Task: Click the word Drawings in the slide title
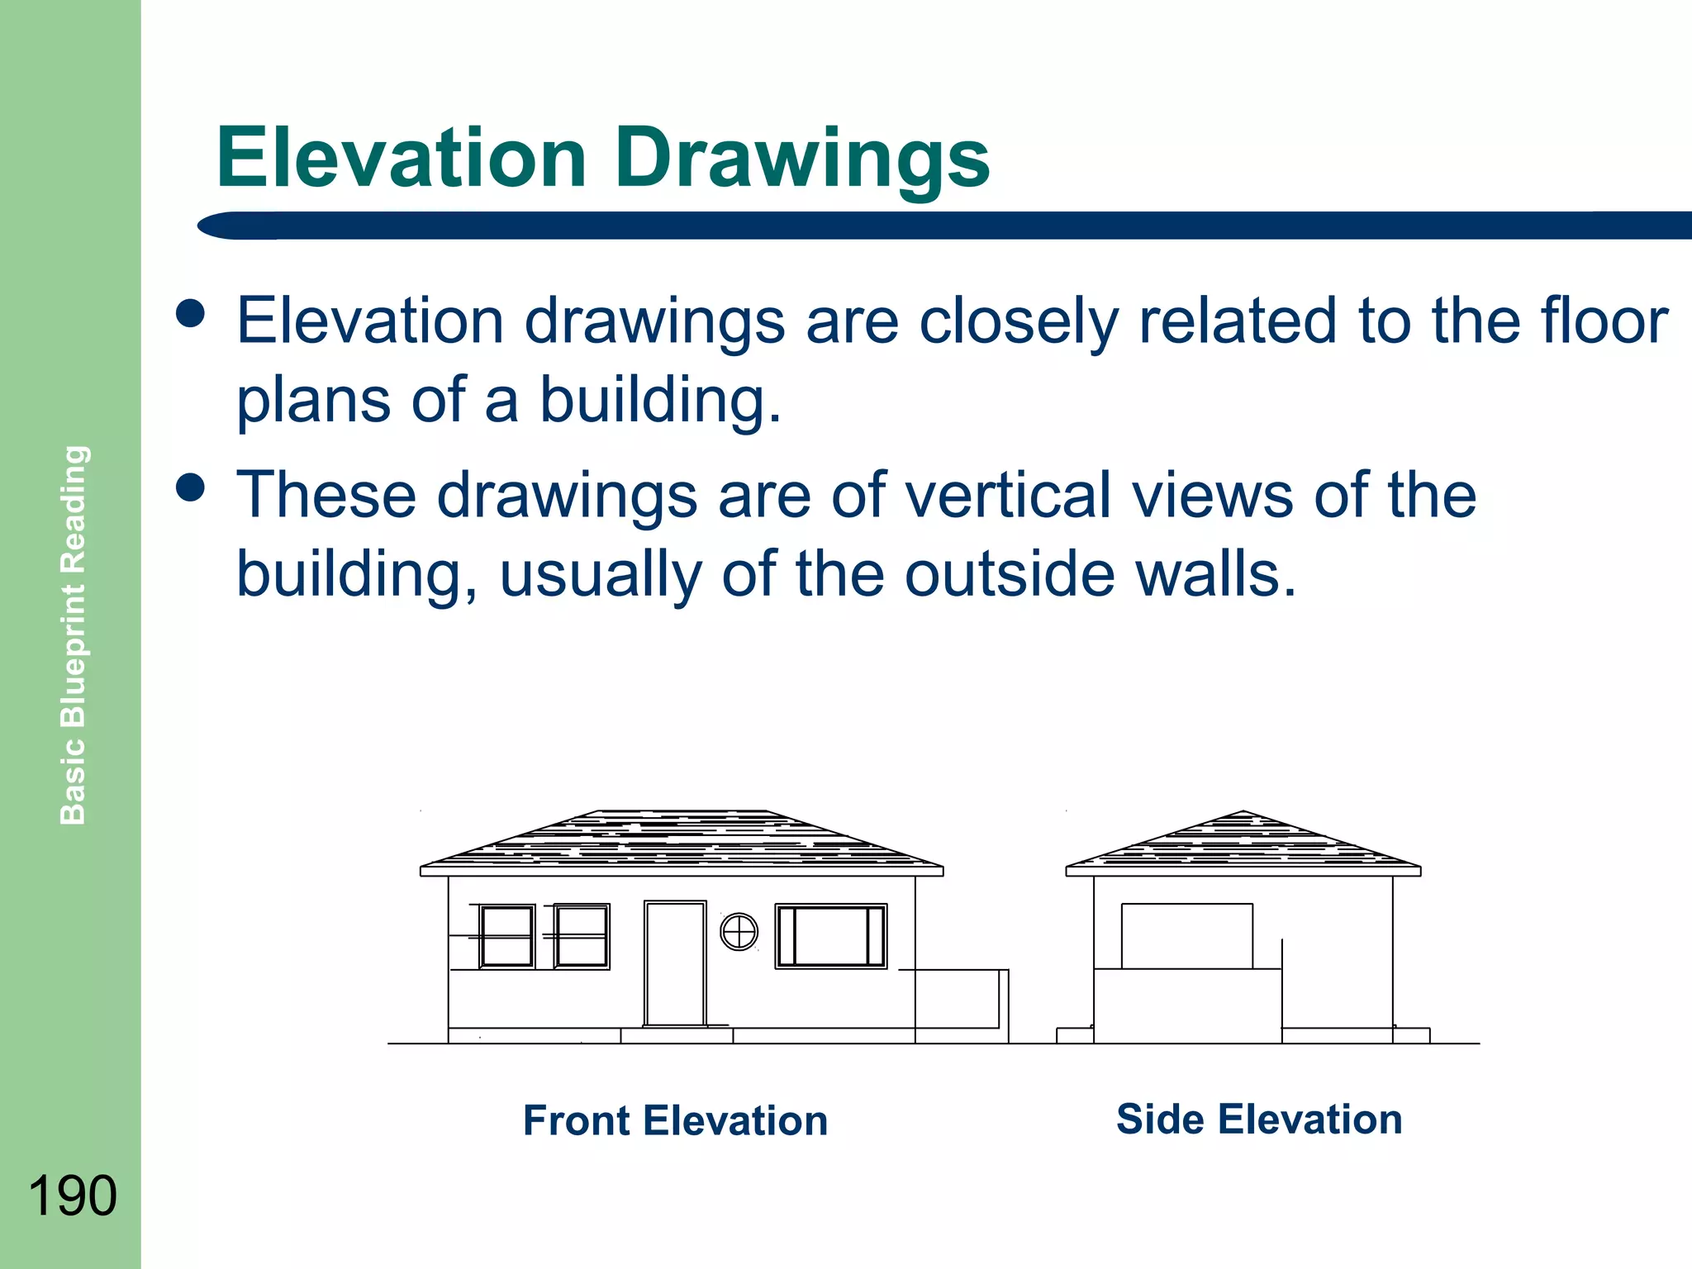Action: (802, 159)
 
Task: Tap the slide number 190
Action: (72, 1195)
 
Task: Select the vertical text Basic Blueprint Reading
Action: (74, 634)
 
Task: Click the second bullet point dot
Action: (191, 487)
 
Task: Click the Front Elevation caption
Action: (675, 1121)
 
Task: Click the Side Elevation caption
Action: (1259, 1119)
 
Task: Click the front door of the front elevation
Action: (675, 963)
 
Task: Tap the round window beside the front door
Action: (739, 933)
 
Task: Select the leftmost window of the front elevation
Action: (506, 936)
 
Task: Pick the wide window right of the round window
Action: (830, 936)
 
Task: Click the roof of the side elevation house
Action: (1243, 843)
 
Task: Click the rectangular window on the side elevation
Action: (1186, 936)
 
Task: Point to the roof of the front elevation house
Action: (682, 839)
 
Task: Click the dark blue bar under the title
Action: (942, 226)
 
